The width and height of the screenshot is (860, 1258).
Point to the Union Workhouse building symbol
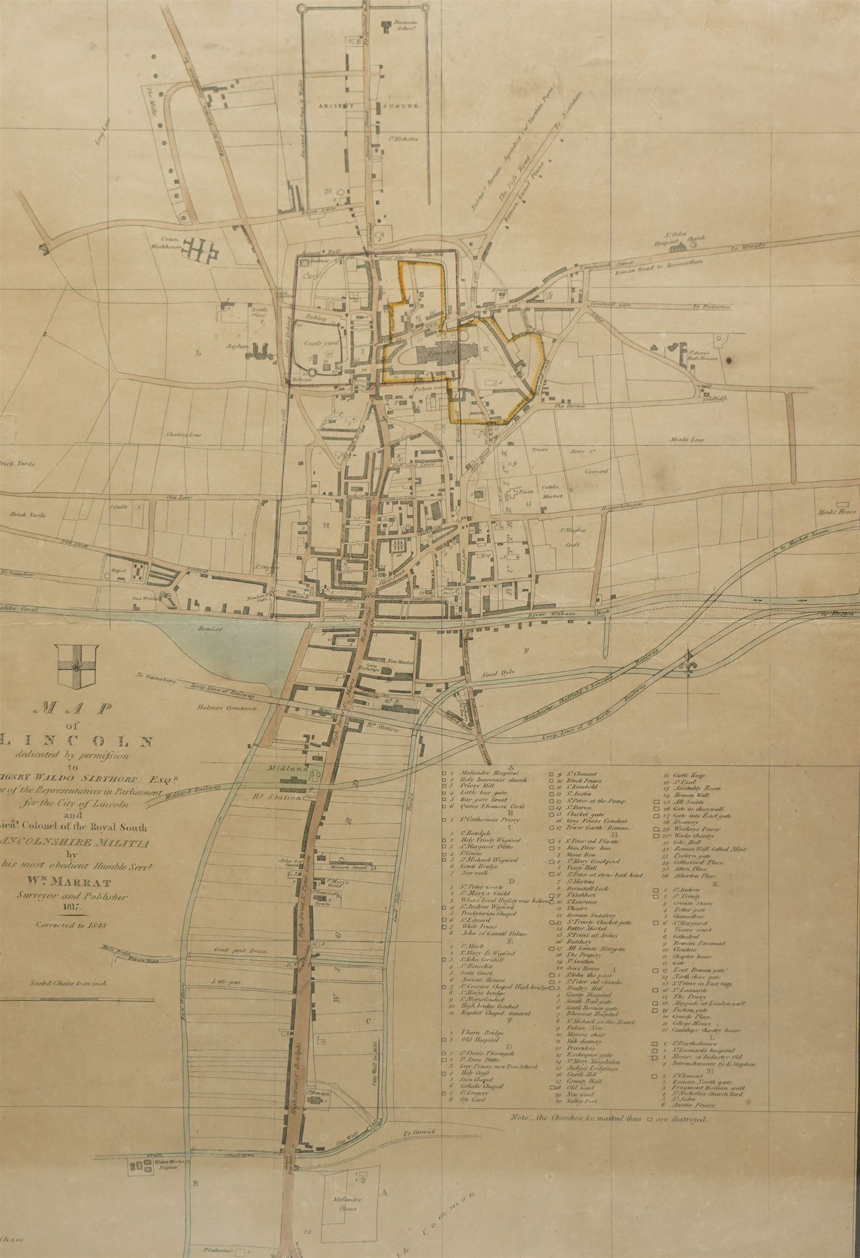click(x=201, y=249)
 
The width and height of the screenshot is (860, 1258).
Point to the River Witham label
click(x=559, y=615)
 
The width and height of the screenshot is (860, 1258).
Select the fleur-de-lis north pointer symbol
click(x=689, y=666)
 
